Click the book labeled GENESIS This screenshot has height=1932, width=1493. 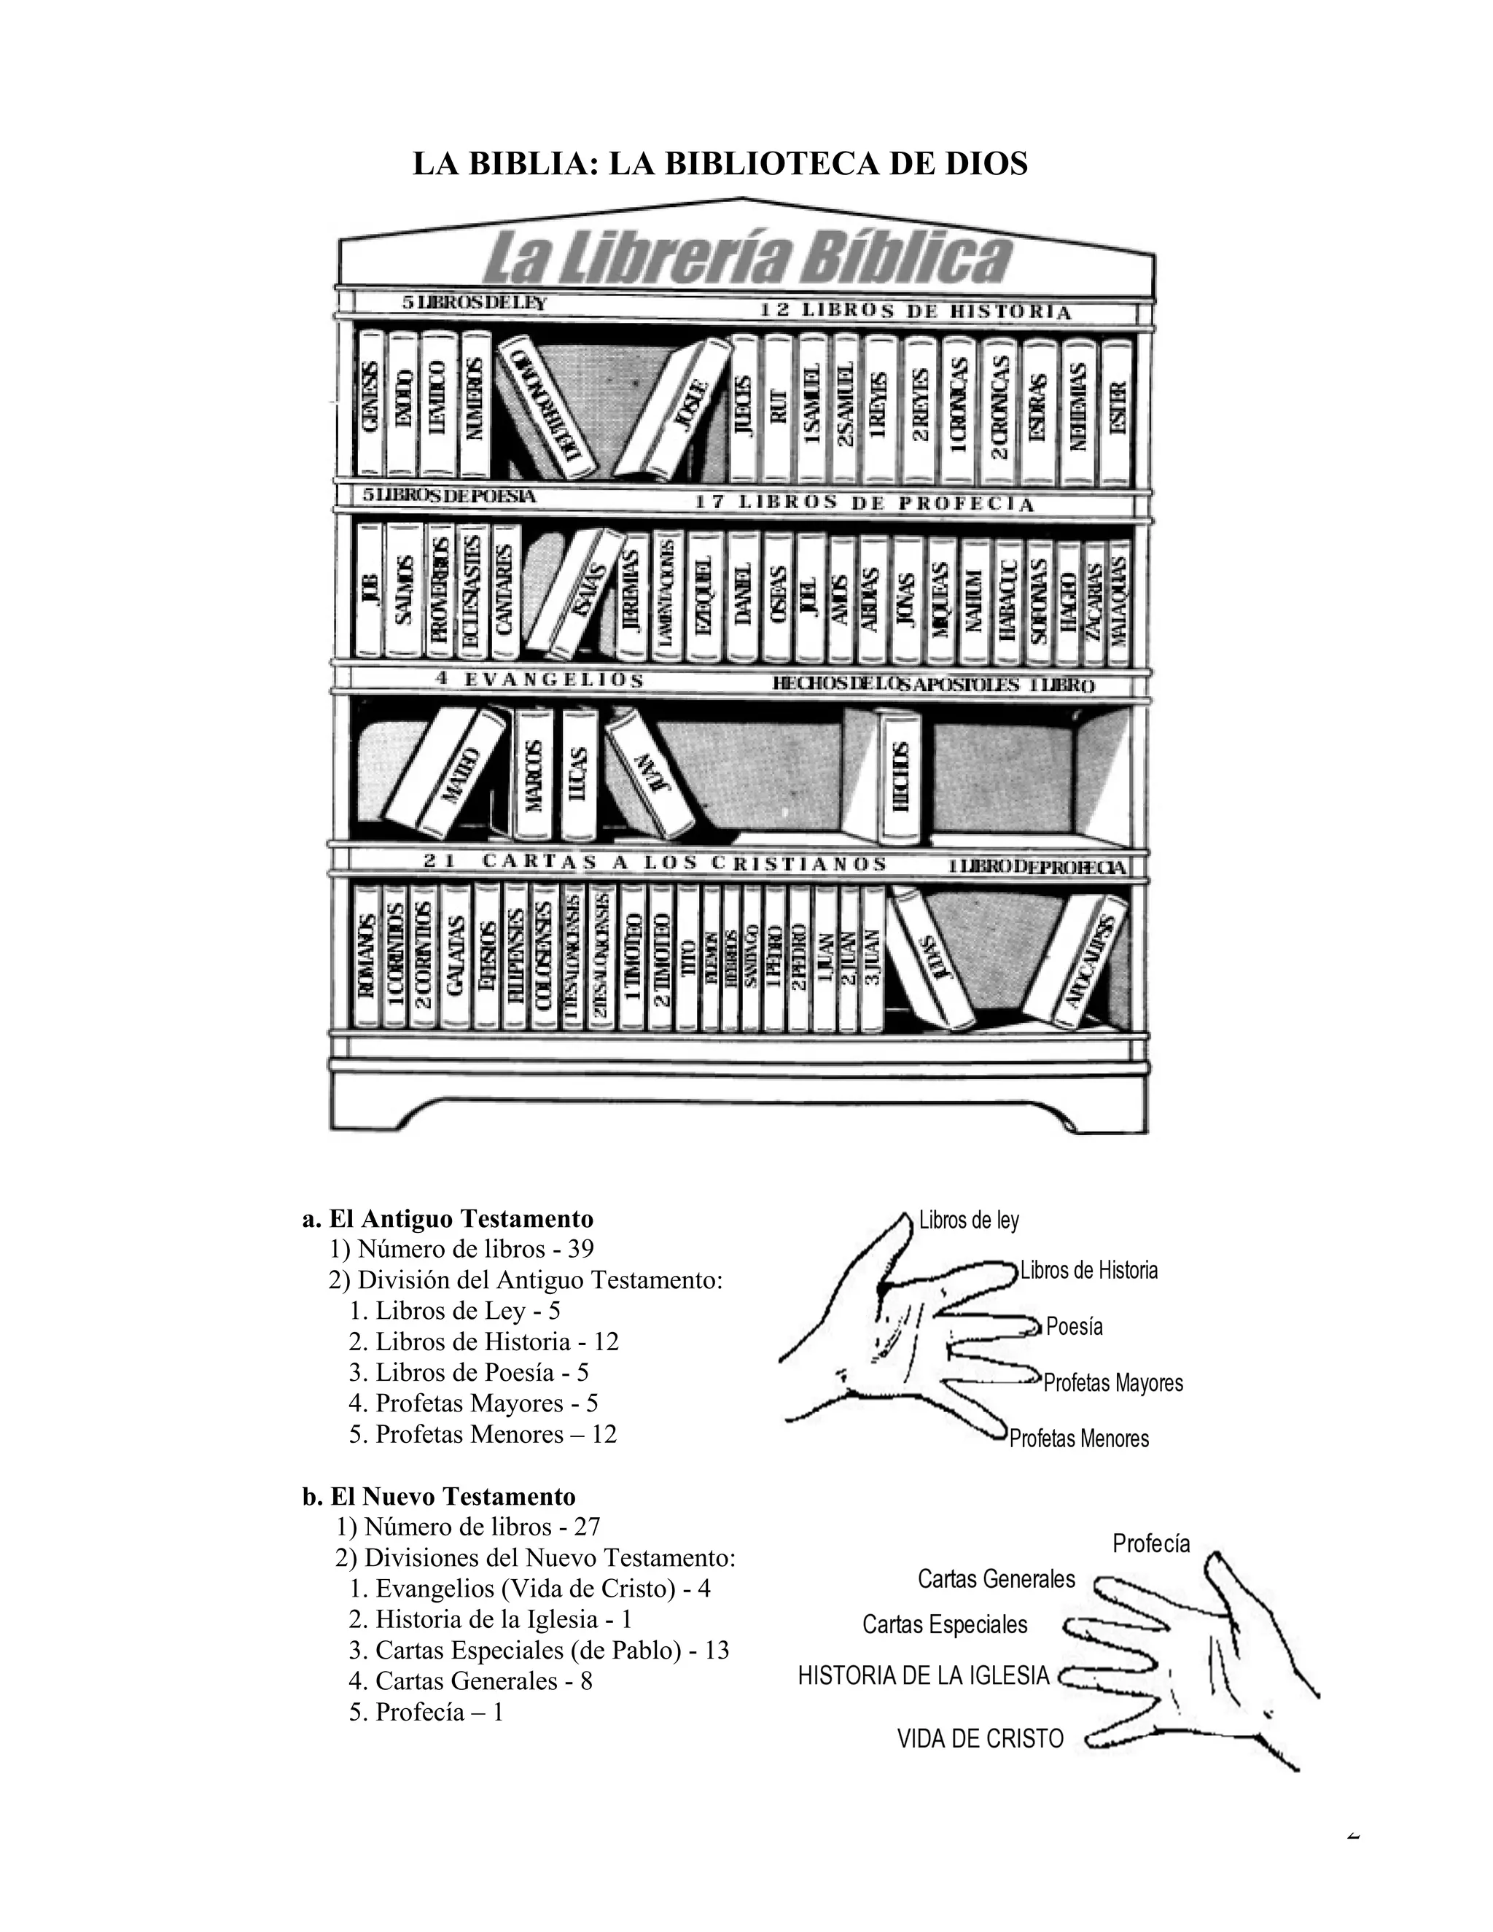(x=370, y=403)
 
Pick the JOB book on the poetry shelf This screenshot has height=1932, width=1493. (x=369, y=589)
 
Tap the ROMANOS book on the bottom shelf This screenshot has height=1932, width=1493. (x=365, y=960)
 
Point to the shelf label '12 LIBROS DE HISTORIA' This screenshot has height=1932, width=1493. (x=916, y=311)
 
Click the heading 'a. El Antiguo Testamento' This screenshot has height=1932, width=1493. (x=448, y=1219)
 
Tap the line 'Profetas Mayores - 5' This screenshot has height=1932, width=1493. (x=473, y=1403)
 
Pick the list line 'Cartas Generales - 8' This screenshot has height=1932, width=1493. (x=470, y=1680)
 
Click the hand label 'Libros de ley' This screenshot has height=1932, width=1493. (x=969, y=1220)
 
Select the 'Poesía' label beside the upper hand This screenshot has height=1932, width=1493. (x=1074, y=1327)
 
